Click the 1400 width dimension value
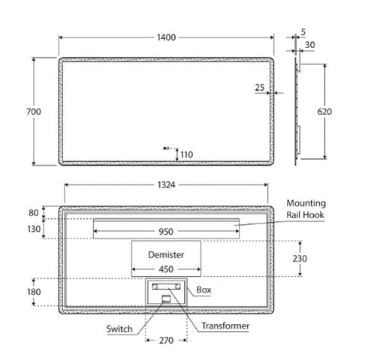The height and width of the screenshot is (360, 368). coord(166,37)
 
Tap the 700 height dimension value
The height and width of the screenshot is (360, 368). coord(34,112)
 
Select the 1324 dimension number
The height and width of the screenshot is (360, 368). coord(166,185)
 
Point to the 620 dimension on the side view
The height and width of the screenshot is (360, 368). coord(324,112)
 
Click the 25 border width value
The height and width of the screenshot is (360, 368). coord(260,88)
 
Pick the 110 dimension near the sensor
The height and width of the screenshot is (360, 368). coord(186,154)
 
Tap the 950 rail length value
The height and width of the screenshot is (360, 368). coord(166,232)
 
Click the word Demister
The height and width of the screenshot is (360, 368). coord(166,255)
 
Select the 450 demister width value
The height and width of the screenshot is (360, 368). coord(166,269)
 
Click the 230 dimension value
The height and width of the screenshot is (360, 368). coord(300,259)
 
